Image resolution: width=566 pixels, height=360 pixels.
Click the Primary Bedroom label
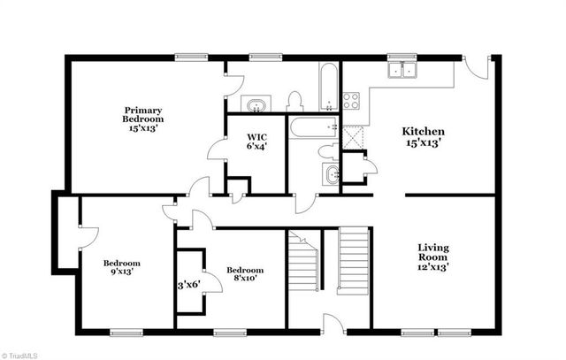click(142, 116)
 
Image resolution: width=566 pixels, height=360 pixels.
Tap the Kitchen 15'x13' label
click(424, 136)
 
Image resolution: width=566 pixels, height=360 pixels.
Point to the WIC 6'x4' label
click(257, 142)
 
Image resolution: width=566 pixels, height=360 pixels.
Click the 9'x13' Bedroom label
click(121, 267)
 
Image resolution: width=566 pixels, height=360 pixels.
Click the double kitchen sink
click(403, 71)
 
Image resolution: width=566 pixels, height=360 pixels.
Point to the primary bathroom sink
click(256, 105)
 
